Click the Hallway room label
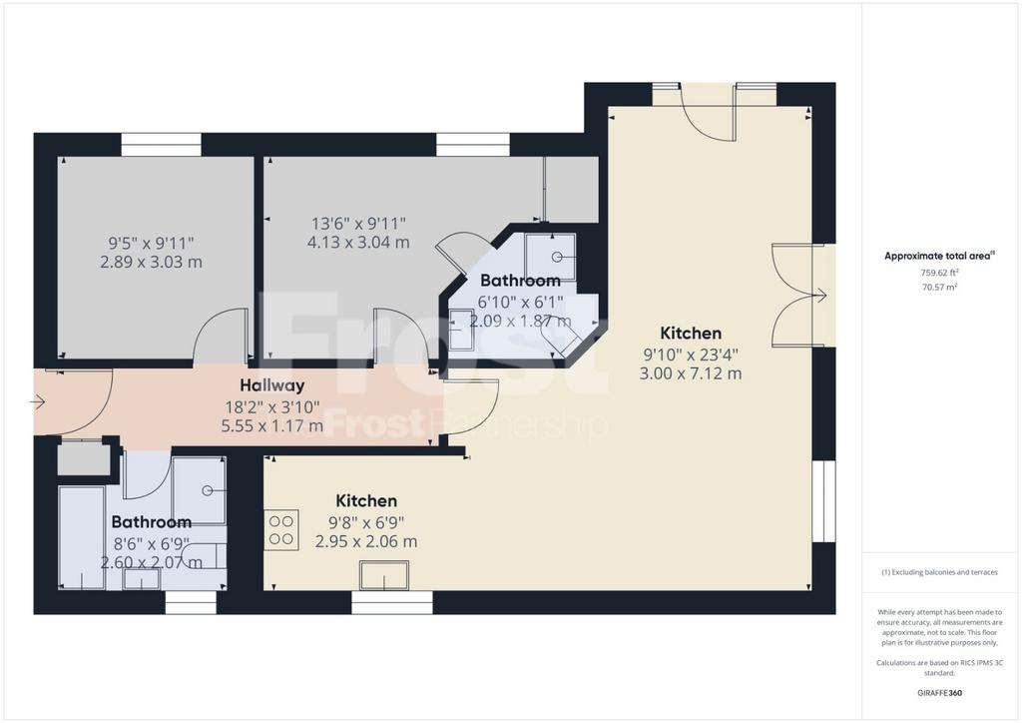pyautogui.click(x=271, y=385)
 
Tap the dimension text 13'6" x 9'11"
pyautogui.click(x=358, y=224)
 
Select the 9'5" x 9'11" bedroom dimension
pyautogui.click(x=152, y=244)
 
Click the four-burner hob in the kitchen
pyautogui.click(x=281, y=530)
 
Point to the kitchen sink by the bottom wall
pyautogui.click(x=384, y=575)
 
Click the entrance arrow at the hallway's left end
pyautogui.click(x=37, y=402)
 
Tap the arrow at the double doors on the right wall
pyautogui.click(x=818, y=296)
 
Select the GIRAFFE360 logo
pyautogui.click(x=939, y=693)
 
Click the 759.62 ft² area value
pyautogui.click(x=939, y=274)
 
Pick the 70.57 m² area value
pyautogui.click(x=939, y=287)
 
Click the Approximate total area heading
pyautogui.click(x=939, y=256)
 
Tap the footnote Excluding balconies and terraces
pyautogui.click(x=939, y=572)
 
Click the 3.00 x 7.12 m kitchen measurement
pyautogui.click(x=691, y=373)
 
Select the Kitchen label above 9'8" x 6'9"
pyautogui.click(x=366, y=500)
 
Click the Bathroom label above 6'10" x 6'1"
pyautogui.click(x=520, y=281)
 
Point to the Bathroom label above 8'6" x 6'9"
pyautogui.click(x=152, y=521)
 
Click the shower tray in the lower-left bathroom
pyautogui.click(x=199, y=490)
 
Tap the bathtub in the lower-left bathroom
pyautogui.click(x=82, y=537)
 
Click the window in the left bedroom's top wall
pyautogui.click(x=161, y=145)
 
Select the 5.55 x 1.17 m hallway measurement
pyautogui.click(x=272, y=426)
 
